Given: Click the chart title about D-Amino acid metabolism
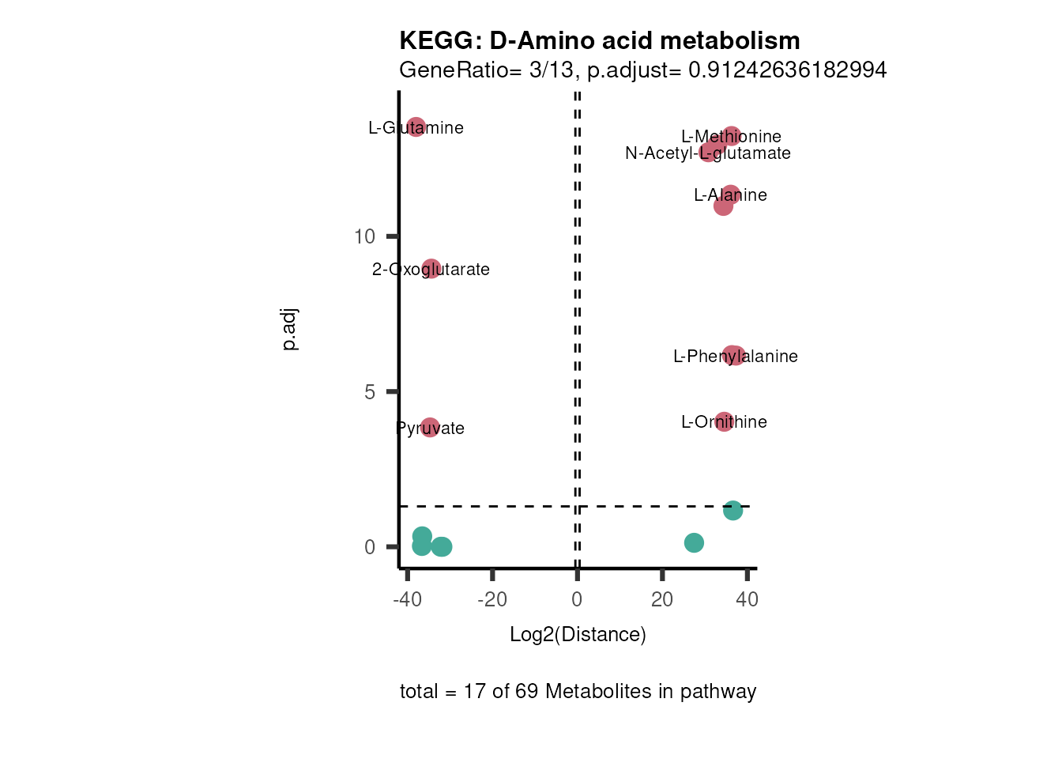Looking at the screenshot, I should pyautogui.click(x=599, y=40).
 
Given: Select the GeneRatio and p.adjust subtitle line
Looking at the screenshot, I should pyautogui.click(x=642, y=70).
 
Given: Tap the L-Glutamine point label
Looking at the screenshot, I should pyautogui.click(x=416, y=128).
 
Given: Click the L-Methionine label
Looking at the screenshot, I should pyautogui.click(x=731, y=137).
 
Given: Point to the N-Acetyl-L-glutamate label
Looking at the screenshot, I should pyautogui.click(x=707, y=153).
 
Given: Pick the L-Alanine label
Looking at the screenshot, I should pyautogui.click(x=730, y=195).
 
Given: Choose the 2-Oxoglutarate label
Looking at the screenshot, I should pyautogui.click(x=431, y=270).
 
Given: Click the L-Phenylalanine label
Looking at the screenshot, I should pyautogui.click(x=735, y=357).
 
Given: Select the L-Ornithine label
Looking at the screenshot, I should pyautogui.click(x=724, y=422).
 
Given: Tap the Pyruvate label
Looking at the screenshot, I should pyautogui.click(x=430, y=429).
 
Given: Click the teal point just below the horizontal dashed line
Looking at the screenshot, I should pyautogui.click(x=732, y=511).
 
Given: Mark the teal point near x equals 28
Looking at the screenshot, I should pyautogui.click(x=694, y=542).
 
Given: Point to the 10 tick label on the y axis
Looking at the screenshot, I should pyautogui.click(x=364, y=236).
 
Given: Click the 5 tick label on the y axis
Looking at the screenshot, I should pyautogui.click(x=370, y=392).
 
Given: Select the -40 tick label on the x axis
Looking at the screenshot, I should pyautogui.click(x=407, y=600).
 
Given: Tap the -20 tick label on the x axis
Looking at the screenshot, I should pyautogui.click(x=491, y=600).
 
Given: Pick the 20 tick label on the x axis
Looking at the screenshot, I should pyautogui.click(x=662, y=600).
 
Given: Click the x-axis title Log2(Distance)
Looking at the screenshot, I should pyautogui.click(x=578, y=635).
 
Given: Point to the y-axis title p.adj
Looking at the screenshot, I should pyautogui.click(x=290, y=330).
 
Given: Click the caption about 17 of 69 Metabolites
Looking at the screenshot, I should pyautogui.click(x=578, y=692).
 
